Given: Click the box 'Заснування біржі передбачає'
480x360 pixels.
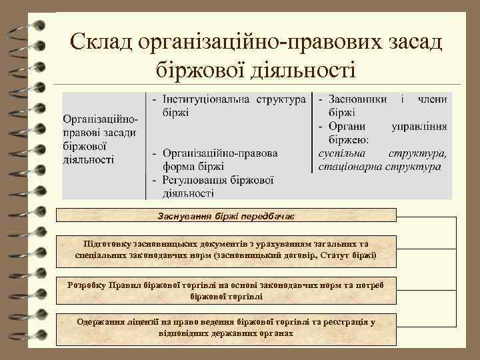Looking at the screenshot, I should [226, 215].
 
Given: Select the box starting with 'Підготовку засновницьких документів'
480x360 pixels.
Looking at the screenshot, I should [226, 249].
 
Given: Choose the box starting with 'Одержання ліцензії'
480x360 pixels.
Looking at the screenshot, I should [226, 327].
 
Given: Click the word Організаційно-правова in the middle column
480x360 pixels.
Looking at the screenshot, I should [220, 153].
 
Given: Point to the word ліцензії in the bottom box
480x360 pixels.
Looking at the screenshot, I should [141, 322].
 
